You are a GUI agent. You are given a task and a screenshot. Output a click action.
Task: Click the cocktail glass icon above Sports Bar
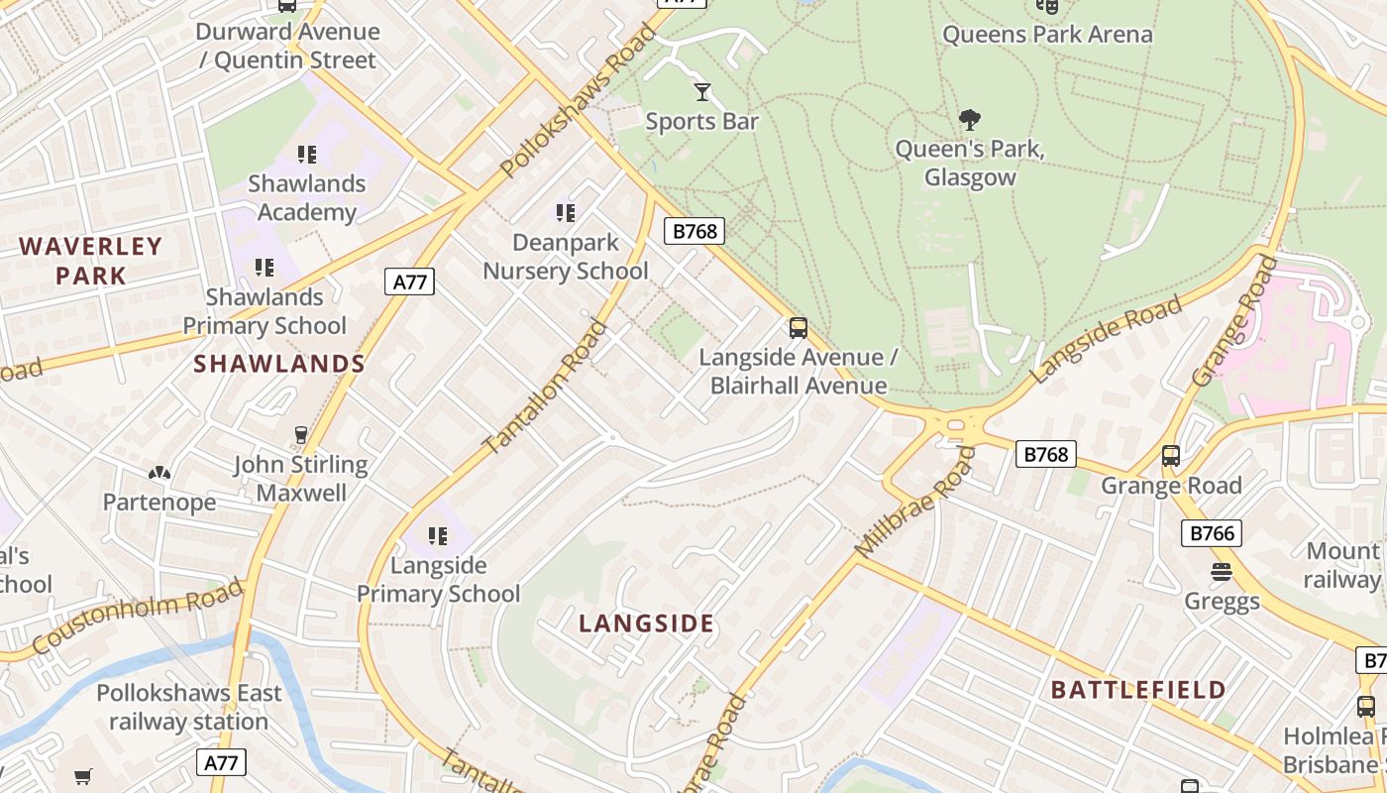(702, 92)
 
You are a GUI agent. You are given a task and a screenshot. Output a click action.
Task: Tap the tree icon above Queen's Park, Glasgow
(970, 120)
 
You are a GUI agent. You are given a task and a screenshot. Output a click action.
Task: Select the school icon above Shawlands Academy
(307, 154)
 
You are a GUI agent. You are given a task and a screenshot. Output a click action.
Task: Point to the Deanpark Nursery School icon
(566, 212)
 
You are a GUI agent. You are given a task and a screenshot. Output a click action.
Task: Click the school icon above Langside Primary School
(438, 536)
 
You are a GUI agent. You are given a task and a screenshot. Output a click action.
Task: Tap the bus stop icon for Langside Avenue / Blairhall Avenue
(799, 327)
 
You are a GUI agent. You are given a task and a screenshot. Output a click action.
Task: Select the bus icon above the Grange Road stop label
(1171, 456)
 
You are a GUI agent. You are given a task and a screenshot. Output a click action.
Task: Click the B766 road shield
(1212, 533)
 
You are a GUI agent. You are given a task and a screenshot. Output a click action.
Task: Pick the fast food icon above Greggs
(1222, 572)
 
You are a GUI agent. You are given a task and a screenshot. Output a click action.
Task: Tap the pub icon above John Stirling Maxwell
(301, 434)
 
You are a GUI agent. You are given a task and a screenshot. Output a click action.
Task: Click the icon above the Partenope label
(160, 473)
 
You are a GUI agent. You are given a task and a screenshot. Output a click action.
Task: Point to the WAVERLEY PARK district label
(91, 261)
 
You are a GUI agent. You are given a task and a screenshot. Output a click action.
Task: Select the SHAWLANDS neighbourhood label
(279, 364)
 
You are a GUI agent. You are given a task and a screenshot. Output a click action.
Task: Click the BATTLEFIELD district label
(1138, 690)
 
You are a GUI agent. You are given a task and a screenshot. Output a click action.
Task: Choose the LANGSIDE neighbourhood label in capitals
(646, 623)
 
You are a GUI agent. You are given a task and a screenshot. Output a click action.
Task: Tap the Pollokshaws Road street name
(580, 102)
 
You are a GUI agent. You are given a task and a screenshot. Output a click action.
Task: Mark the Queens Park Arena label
(1047, 35)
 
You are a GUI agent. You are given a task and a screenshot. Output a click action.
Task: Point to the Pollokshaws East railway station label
(189, 707)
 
